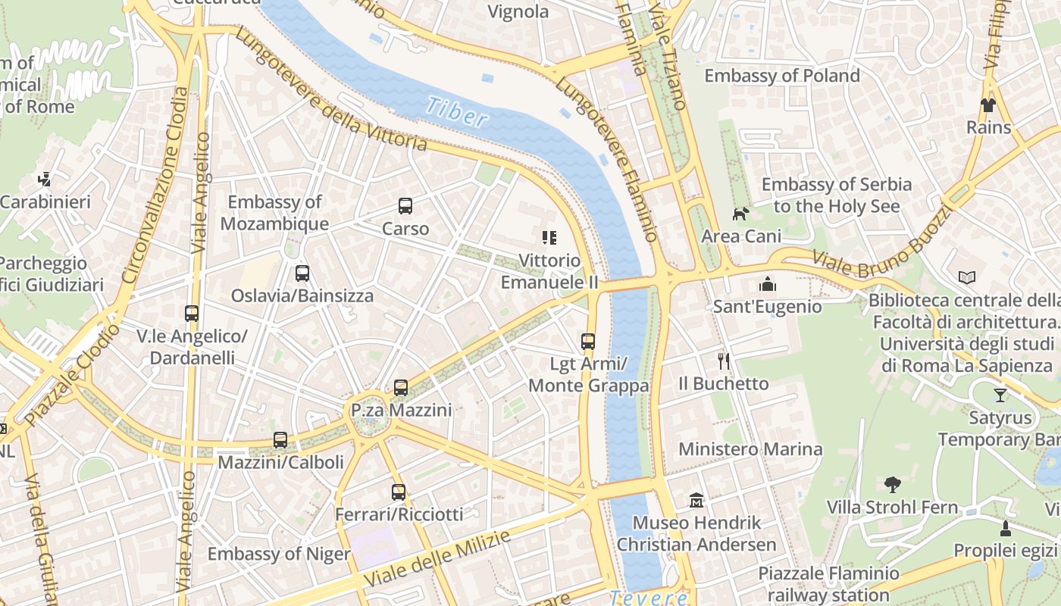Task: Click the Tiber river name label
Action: point(456,111)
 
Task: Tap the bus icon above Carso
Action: point(405,206)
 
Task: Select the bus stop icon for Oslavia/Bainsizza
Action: point(302,273)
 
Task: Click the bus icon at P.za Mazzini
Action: point(401,388)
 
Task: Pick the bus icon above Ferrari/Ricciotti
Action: point(399,492)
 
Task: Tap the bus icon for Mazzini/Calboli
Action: point(280,440)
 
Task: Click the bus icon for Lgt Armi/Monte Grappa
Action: point(588,342)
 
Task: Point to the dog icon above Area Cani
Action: point(740,214)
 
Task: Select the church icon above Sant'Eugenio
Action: point(768,284)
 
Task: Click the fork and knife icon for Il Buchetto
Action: point(724,361)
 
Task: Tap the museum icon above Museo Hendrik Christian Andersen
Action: point(696,501)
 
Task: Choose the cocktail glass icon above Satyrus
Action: point(1000,395)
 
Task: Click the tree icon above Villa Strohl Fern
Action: point(893,485)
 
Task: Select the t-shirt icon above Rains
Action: point(988,105)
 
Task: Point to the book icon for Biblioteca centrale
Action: point(966,278)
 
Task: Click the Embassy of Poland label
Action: point(782,76)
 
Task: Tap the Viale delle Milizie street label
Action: point(437,558)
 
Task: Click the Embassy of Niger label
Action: point(279,554)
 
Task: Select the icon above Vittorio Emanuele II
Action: point(549,238)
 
